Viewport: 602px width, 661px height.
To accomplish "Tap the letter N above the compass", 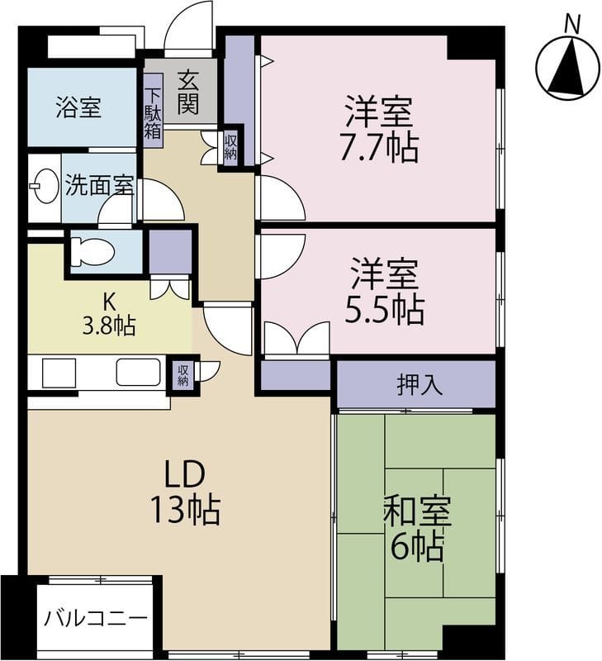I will [570, 25].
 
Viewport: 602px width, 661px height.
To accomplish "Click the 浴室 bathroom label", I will [79, 108].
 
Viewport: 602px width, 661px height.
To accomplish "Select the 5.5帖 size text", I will [386, 310].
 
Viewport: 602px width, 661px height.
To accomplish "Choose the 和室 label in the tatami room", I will [417, 513].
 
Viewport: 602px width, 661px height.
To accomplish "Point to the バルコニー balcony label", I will [96, 618].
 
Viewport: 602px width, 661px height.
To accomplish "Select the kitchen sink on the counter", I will [138, 373].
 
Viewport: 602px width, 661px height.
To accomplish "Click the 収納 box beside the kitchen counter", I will [182, 373].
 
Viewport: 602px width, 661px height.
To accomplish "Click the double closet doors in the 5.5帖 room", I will [296, 339].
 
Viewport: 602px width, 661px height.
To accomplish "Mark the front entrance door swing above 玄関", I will [188, 31].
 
